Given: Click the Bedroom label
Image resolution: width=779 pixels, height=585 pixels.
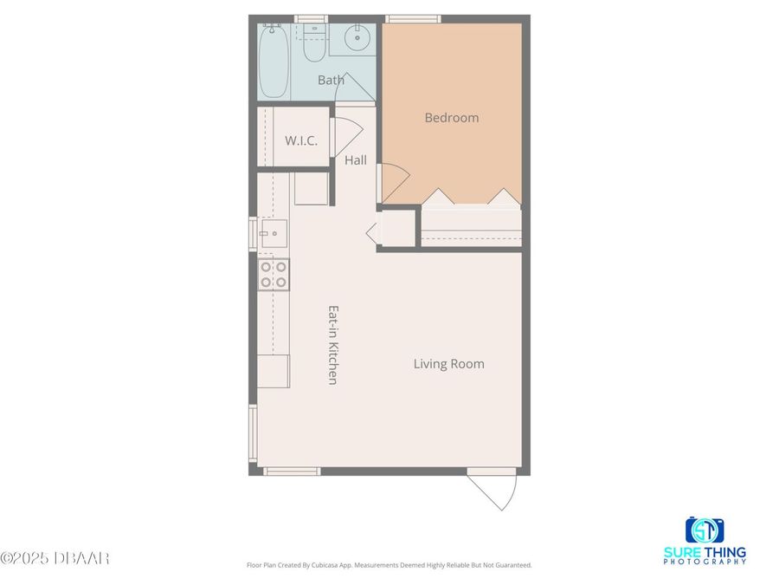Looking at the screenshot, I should click(x=451, y=118).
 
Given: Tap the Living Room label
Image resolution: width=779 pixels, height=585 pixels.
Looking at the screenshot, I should click(x=448, y=364).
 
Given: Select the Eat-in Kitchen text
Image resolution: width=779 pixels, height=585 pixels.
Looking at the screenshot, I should click(x=332, y=344).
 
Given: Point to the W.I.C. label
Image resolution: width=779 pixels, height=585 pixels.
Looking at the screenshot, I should click(x=301, y=140).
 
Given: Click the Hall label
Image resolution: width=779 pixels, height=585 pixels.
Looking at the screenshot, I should click(x=356, y=160).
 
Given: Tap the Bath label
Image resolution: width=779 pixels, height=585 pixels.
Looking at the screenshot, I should click(x=331, y=81).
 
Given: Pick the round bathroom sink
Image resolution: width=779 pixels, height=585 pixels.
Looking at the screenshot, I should click(x=357, y=38).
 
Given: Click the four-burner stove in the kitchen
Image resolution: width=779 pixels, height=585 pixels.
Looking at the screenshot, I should click(x=274, y=274).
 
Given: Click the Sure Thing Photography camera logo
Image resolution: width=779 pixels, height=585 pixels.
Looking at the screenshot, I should click(x=705, y=530).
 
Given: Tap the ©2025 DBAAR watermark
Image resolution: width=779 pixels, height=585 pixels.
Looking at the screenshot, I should click(x=55, y=558).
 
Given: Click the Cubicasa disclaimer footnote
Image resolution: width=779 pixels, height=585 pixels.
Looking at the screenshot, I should click(x=389, y=565).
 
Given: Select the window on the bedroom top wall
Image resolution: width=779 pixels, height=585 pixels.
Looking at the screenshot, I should click(x=412, y=18).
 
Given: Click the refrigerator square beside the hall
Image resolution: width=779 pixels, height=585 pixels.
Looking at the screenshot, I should click(x=312, y=188).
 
